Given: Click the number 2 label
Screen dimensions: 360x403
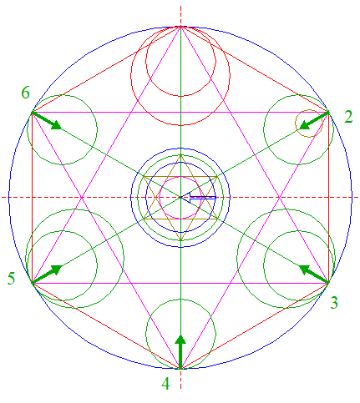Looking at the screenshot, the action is point(348,117).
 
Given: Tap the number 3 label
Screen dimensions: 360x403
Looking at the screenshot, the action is point(334,302).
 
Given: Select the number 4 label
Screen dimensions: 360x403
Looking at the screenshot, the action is point(165,384).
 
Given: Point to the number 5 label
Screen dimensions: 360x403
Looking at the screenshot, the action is point(11,278).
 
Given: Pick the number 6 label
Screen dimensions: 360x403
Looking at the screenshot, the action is point(25,93).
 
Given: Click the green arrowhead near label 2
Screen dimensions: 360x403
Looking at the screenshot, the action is point(305,125).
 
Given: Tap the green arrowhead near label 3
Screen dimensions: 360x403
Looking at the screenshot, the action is point(305,270).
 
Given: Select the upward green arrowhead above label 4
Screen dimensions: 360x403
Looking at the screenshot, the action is point(180,340).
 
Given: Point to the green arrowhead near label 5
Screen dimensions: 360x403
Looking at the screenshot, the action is point(57,270).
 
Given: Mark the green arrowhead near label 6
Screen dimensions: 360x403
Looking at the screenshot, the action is point(57,125).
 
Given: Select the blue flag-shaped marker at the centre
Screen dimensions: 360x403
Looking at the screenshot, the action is point(202,196).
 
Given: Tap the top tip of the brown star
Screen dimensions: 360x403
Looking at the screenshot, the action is point(180,155).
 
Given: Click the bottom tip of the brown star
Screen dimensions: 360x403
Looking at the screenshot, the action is point(180,240).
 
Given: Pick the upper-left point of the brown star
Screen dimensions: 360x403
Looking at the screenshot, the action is point(144,176).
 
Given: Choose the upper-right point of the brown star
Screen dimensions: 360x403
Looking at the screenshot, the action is point(217,176).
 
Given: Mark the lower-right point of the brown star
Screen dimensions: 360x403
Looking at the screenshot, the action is point(217,219).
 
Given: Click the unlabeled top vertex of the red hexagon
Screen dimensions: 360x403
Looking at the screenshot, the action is point(180,27).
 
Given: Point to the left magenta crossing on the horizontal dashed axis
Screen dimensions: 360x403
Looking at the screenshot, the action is point(82,198).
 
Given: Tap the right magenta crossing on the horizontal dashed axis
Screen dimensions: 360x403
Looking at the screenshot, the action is point(280,198).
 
